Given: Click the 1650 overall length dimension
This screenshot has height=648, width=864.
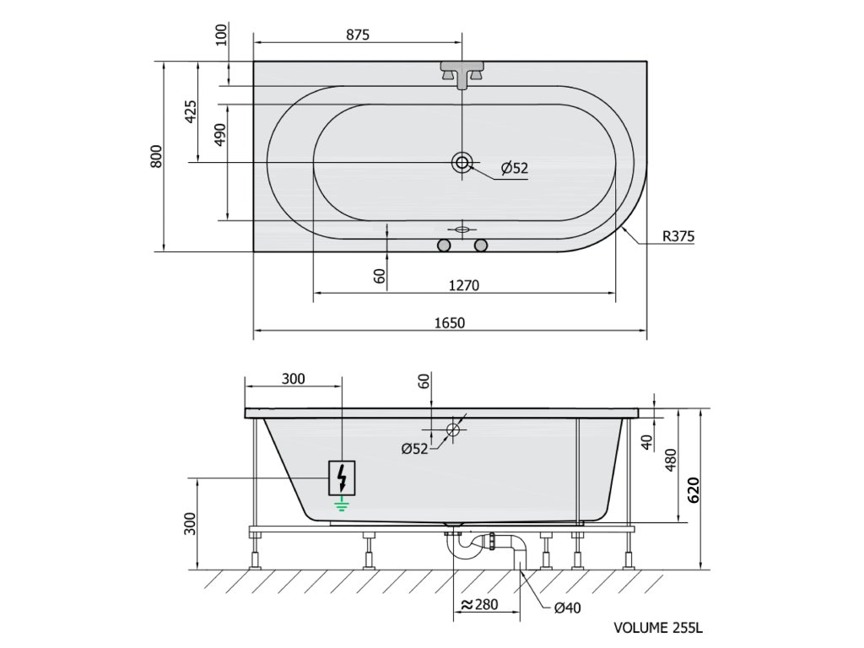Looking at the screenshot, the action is pyautogui.click(x=450, y=322).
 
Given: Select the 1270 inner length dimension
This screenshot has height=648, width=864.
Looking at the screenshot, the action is pyautogui.click(x=464, y=285).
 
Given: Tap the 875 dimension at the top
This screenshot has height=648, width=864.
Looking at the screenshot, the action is pyautogui.click(x=358, y=35).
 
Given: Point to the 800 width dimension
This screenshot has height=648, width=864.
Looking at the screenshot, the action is pyautogui.click(x=157, y=156).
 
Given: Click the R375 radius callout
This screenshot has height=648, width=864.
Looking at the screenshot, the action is pyautogui.click(x=678, y=236).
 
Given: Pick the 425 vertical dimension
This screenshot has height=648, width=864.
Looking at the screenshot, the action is pyautogui.click(x=190, y=112).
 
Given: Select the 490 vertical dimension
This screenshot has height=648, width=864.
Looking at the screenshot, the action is pyautogui.click(x=220, y=134).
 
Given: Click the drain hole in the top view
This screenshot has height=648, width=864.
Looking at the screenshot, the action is pyautogui.click(x=462, y=162).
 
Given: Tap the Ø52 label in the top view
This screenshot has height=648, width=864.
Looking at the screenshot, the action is pyautogui.click(x=515, y=168).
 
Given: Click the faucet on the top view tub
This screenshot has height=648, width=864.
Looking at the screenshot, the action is pyautogui.click(x=462, y=74).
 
